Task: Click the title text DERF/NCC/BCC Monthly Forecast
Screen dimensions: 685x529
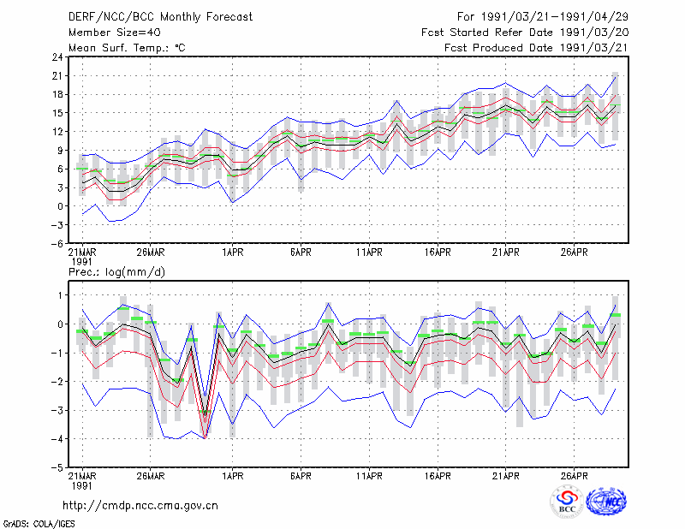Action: (160, 17)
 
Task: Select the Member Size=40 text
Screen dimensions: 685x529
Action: (115, 33)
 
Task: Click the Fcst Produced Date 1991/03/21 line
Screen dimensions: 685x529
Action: (536, 48)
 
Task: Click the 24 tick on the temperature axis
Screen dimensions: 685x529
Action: (57, 57)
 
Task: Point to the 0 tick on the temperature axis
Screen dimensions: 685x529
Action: (60, 206)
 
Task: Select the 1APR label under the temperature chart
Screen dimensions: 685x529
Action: (232, 253)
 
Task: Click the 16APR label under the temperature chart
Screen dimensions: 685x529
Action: (438, 253)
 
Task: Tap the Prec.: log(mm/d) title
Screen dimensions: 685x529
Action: (116, 272)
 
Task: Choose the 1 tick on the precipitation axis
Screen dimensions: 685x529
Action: (61, 295)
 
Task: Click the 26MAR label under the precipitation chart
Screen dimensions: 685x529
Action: (151, 476)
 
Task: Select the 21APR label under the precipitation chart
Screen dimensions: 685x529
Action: (505, 476)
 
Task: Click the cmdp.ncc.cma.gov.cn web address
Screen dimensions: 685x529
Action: (140, 506)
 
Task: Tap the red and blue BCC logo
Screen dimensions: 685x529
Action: (567, 502)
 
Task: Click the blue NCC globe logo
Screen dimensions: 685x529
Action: (606, 502)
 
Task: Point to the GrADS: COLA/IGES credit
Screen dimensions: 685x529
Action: (39, 524)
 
